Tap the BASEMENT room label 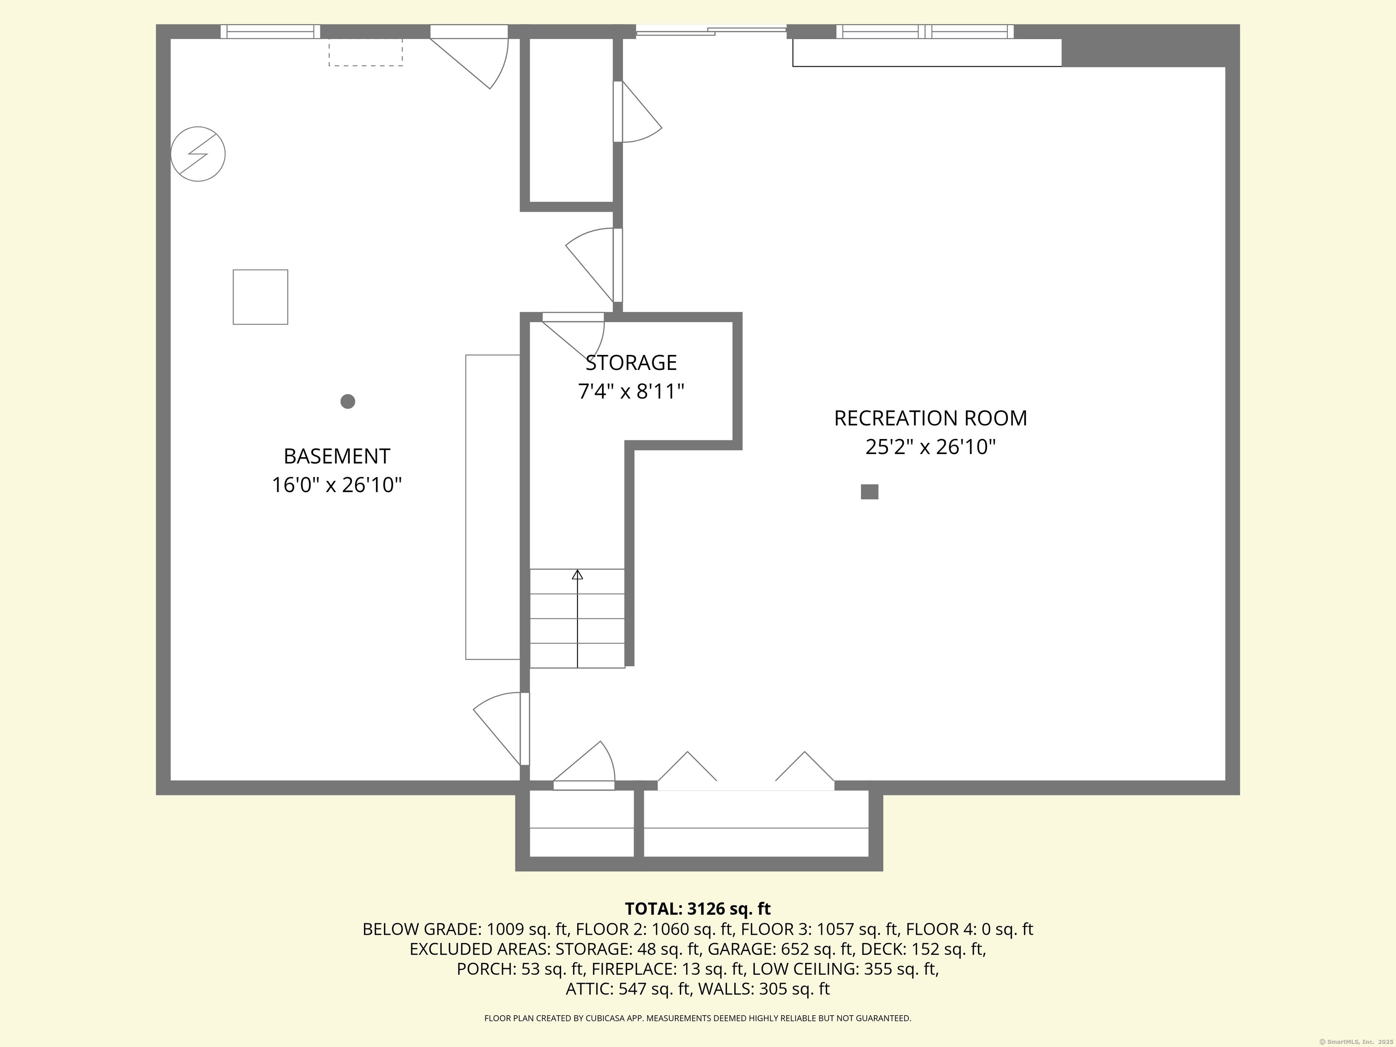pyautogui.click(x=336, y=456)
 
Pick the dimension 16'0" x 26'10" pyautogui.click(x=336, y=485)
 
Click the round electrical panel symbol pyautogui.click(x=198, y=154)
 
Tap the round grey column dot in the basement pyautogui.click(x=348, y=401)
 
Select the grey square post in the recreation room pyautogui.click(x=869, y=492)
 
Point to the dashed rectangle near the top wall pyautogui.click(x=365, y=52)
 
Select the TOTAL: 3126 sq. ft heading pyautogui.click(x=698, y=909)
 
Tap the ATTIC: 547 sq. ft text pyautogui.click(x=628, y=989)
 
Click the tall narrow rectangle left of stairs pyautogui.click(x=492, y=507)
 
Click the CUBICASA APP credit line pyautogui.click(x=698, y=1018)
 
